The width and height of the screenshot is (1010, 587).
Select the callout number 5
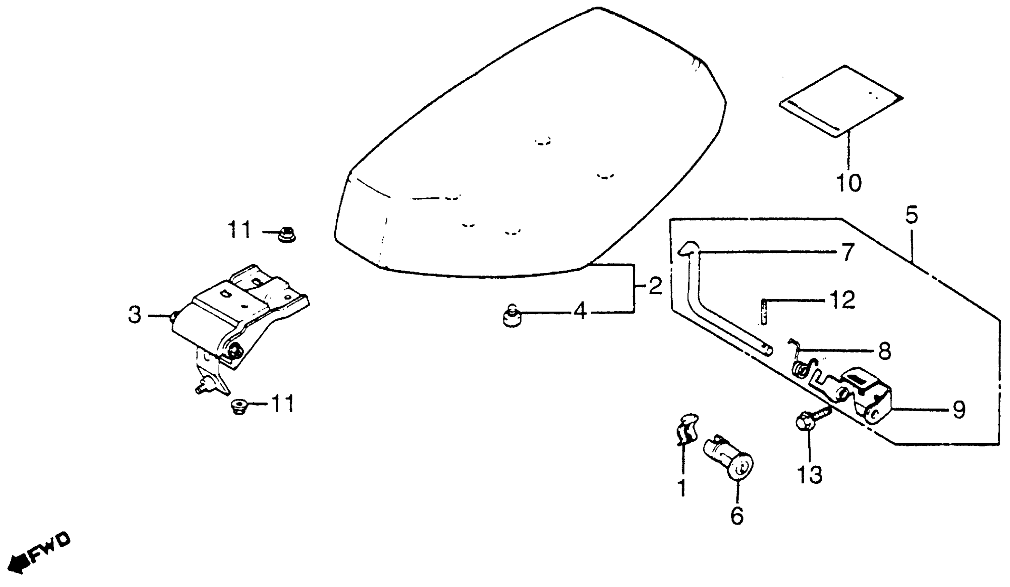[x=911, y=215]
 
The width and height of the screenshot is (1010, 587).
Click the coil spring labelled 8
[x=800, y=368]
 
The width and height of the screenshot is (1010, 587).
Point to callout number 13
[x=810, y=475]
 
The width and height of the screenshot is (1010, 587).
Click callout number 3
[x=135, y=315]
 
